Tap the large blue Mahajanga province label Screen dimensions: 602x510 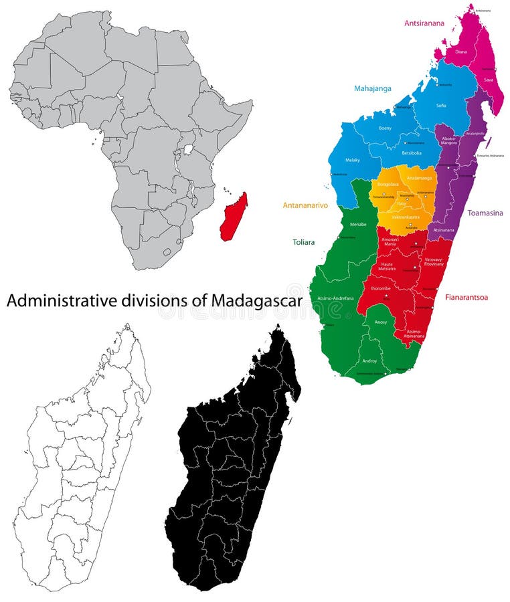(x=373, y=88)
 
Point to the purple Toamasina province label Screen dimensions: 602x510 (x=485, y=213)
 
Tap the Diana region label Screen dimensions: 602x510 (x=461, y=52)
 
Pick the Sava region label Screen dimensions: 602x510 (x=489, y=80)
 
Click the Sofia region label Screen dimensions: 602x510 (x=441, y=105)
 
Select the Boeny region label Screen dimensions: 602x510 (x=385, y=128)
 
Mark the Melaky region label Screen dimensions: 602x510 (x=353, y=160)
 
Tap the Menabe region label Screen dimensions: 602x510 (x=359, y=225)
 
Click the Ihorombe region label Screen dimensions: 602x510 (x=381, y=289)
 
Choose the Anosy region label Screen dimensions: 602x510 (x=380, y=322)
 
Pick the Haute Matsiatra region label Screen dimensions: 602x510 (x=388, y=266)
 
